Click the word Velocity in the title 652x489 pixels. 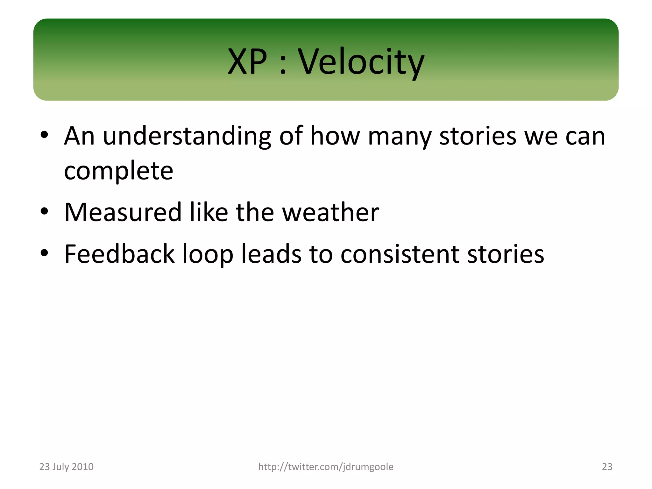[x=361, y=62]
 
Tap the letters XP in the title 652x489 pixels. [x=247, y=62]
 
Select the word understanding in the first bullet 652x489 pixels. [x=187, y=136]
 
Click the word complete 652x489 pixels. [x=118, y=171]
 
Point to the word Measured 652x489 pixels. [x=123, y=212]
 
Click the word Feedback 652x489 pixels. [x=119, y=254]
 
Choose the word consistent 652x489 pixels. [x=400, y=254]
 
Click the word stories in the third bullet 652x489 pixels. [x=506, y=254]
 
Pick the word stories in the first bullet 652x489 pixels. [x=478, y=136]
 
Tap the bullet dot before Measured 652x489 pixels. [x=44, y=211]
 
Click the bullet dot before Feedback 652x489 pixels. [x=44, y=253]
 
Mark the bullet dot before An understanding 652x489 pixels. [x=44, y=135]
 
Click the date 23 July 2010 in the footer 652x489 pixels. [x=66, y=467]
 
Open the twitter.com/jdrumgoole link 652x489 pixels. [x=326, y=467]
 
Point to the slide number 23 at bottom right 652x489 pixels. [x=607, y=467]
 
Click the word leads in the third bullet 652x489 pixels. [x=271, y=254]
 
